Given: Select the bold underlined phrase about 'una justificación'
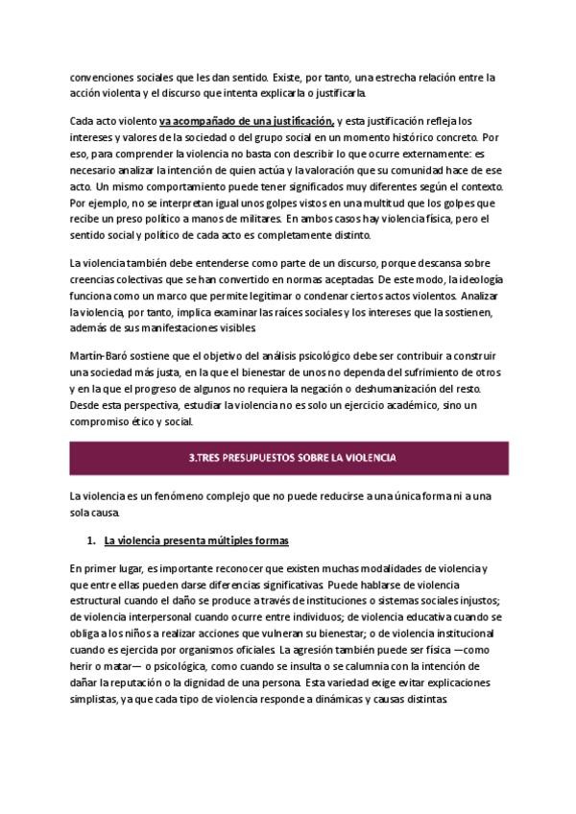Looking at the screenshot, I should click(247, 122).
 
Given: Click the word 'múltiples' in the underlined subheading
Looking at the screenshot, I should click(220, 541).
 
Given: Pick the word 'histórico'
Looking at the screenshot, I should click(419, 138).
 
